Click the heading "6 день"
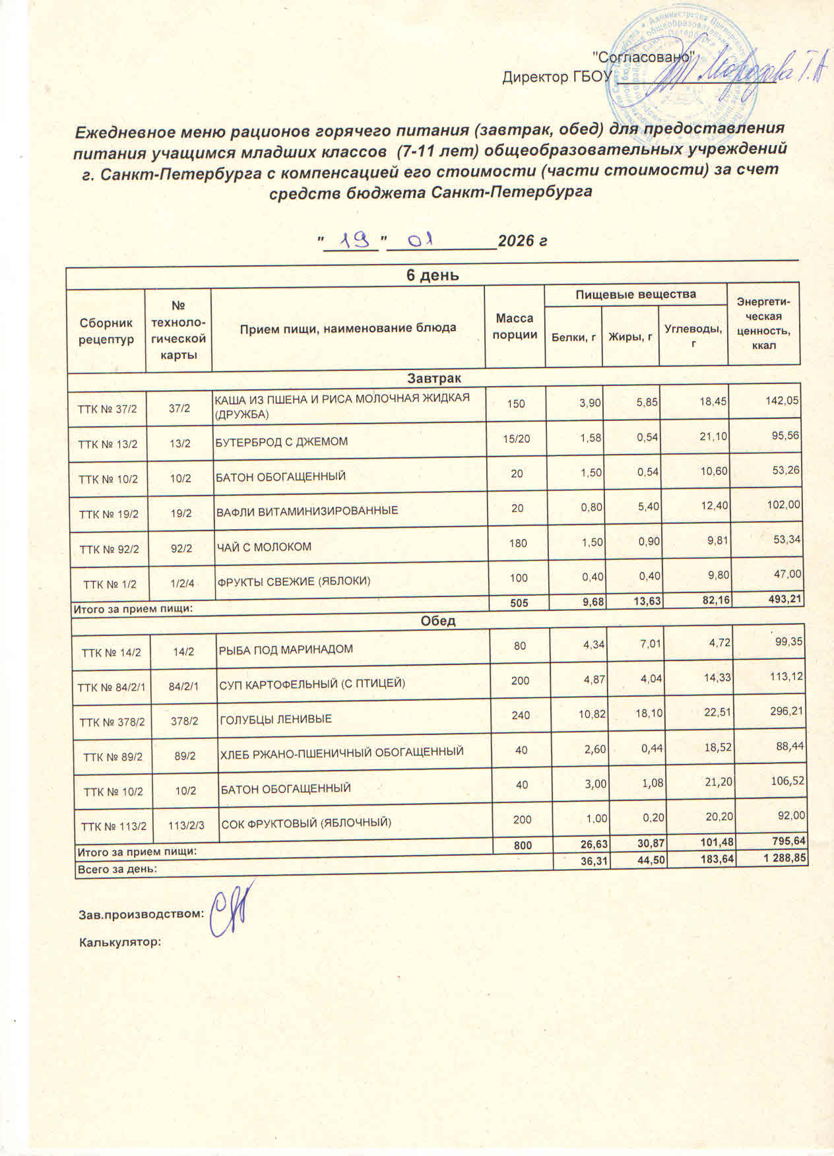tap(433, 275)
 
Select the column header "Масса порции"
tap(515, 327)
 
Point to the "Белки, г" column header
tap(573, 337)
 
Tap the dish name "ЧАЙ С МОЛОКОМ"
tap(265, 547)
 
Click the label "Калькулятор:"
tap(120, 942)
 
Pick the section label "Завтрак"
tap(434, 378)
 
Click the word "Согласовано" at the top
tap(642, 57)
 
